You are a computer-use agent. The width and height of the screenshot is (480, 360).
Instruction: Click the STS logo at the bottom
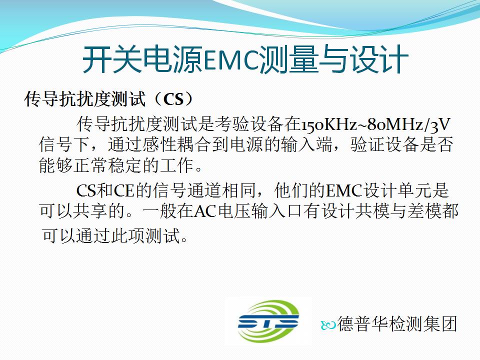click(x=268, y=321)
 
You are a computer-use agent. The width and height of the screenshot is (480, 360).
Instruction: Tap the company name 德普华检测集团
click(x=397, y=323)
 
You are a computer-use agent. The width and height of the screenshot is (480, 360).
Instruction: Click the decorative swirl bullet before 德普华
click(x=328, y=325)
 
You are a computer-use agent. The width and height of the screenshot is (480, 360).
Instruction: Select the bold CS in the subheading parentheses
click(x=173, y=99)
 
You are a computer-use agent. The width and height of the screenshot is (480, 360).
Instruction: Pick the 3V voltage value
click(x=441, y=124)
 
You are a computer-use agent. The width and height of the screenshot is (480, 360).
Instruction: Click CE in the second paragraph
click(x=124, y=190)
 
